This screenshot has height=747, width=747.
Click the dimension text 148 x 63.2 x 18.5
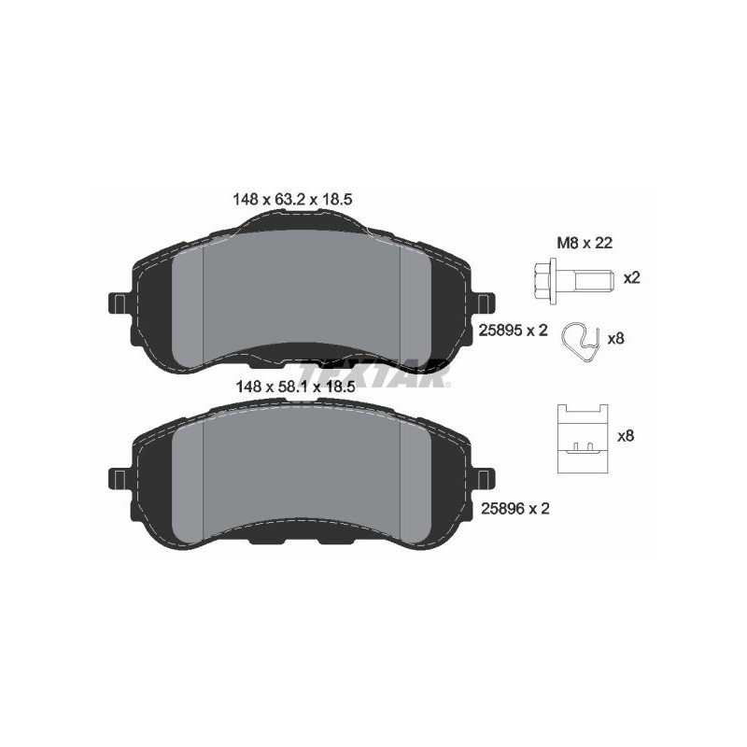coord(292,199)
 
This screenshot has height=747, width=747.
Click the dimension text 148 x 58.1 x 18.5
coord(295,387)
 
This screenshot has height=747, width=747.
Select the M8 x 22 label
coord(585,243)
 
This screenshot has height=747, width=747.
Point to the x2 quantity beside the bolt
coord(632,277)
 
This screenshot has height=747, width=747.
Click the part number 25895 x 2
coord(513,331)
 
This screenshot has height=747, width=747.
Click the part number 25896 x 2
coord(515,509)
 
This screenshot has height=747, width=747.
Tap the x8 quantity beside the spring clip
coord(615,339)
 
